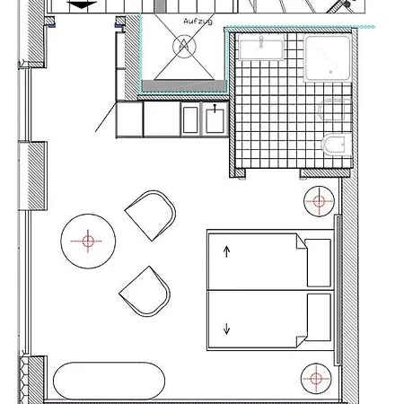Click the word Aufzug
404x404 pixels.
pyautogui.click(x=198, y=21)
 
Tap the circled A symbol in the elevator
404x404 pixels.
pyautogui.click(x=184, y=47)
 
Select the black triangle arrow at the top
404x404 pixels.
pyautogui.click(x=82, y=5)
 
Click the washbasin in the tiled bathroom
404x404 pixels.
pyautogui.click(x=261, y=47)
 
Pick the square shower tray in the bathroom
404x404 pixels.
pyautogui.click(x=328, y=58)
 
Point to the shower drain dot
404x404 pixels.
pyautogui.click(x=330, y=72)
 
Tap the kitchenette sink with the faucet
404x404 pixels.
pyautogui.click(x=215, y=119)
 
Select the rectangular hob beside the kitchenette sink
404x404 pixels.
pyautogui.click(x=190, y=119)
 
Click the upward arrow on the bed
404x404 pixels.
pyautogui.click(x=226, y=251)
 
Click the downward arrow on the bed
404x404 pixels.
pyautogui.click(x=226, y=329)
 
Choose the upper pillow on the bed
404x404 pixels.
pyautogui.click(x=319, y=263)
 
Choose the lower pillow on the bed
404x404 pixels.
pyautogui.click(x=319, y=317)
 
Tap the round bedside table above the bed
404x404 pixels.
pyautogui.click(x=319, y=201)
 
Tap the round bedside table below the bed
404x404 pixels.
pyautogui.click(x=316, y=379)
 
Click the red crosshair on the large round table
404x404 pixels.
pyautogui.click(x=87, y=241)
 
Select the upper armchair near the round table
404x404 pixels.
pyautogui.click(x=151, y=215)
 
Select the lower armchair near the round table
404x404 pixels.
pyautogui.click(x=145, y=291)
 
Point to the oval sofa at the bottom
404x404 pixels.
pyautogui.click(x=109, y=381)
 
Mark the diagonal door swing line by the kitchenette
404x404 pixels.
pyautogui.click(x=106, y=117)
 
